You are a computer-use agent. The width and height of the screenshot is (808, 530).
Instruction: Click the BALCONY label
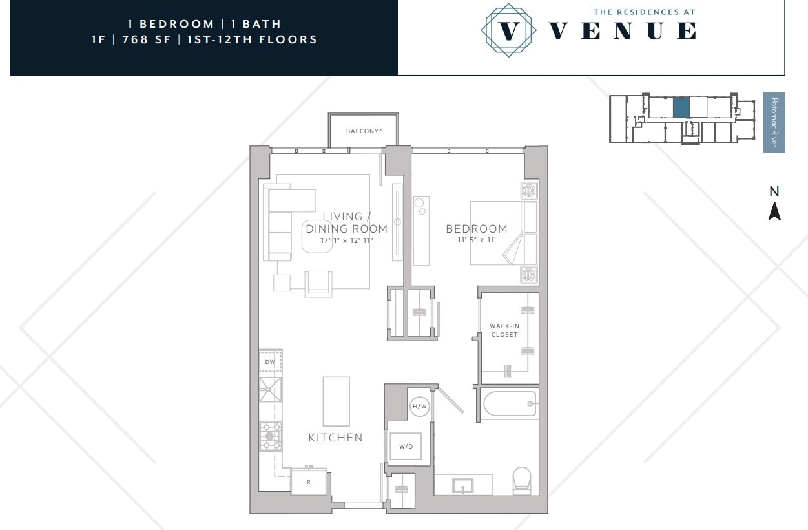point(364,131)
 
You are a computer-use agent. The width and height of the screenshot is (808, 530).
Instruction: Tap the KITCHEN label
point(335,438)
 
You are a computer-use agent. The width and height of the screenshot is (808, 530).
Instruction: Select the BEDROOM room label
point(477,229)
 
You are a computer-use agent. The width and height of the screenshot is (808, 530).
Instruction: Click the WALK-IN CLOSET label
point(504,330)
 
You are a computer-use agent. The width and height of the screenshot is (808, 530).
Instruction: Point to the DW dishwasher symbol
point(270,361)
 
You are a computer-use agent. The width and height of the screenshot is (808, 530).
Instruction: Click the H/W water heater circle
point(420,407)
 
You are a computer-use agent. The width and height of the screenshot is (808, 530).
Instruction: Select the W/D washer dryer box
point(406,446)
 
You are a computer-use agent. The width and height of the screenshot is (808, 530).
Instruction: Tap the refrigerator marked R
point(309,482)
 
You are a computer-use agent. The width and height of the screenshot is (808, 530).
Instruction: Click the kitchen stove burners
point(270,436)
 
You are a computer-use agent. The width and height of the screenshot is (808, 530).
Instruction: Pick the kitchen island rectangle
point(337,401)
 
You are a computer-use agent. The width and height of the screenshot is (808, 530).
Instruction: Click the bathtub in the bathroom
point(510,404)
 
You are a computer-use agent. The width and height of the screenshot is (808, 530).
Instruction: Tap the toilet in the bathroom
point(522,481)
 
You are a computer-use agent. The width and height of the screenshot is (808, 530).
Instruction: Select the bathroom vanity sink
point(463,486)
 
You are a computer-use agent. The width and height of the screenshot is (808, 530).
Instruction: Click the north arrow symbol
point(774,211)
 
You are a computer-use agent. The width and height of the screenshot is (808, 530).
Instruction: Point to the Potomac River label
point(774,122)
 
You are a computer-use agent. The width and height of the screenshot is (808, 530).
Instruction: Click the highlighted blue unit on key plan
point(681,107)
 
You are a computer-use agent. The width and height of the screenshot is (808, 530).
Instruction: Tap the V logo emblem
point(508,30)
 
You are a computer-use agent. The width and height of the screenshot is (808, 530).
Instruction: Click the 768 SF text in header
point(147,39)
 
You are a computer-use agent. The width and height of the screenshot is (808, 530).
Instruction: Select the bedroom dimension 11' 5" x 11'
point(477,240)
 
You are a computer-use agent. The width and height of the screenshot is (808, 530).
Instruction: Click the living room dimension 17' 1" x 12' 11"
point(346,240)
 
